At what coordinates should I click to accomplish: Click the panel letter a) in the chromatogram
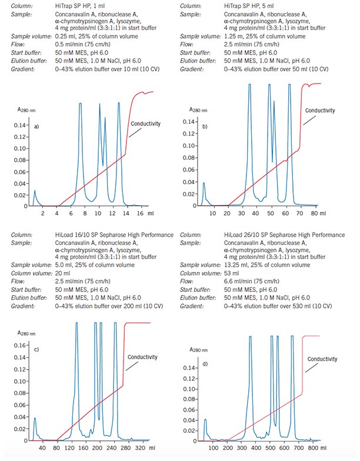click(x=37, y=127)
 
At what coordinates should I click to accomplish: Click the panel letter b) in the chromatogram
click(x=206, y=126)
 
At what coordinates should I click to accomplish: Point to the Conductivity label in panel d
click(x=323, y=358)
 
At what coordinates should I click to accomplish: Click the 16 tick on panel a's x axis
click(x=139, y=214)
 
